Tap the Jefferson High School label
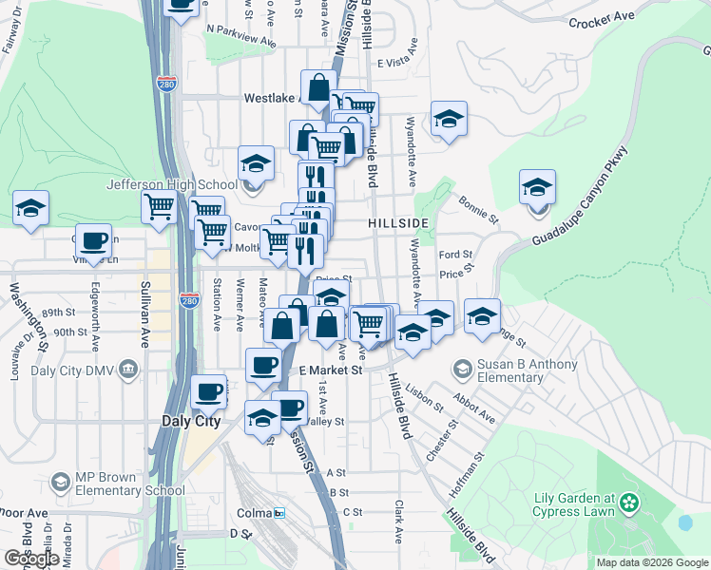[x=172, y=185]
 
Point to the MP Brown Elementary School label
[x=118, y=484]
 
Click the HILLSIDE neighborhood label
[x=398, y=223]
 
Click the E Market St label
[x=332, y=370]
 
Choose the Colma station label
[x=254, y=513]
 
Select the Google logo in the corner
[x=31, y=559]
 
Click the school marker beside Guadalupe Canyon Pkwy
[x=537, y=186]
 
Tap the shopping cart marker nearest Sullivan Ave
[x=159, y=206]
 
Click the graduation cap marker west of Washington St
[x=30, y=209]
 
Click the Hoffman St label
[x=469, y=468]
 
